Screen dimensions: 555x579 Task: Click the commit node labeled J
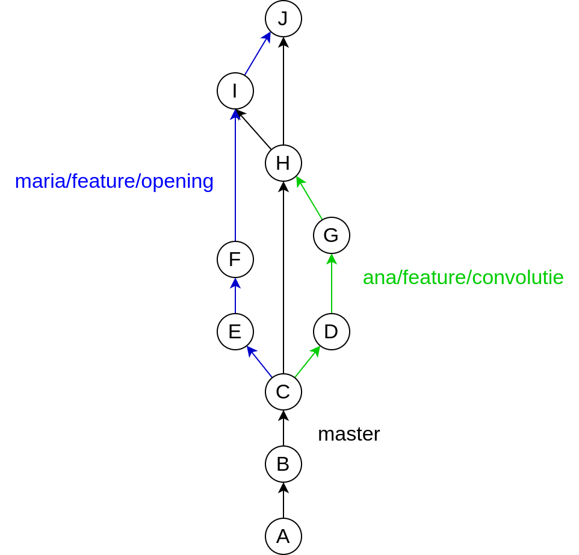click(x=283, y=19)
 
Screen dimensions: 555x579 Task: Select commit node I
click(x=235, y=91)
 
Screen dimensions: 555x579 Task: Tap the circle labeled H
click(x=283, y=163)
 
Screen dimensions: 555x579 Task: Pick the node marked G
click(x=332, y=235)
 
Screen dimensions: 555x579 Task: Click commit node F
click(x=235, y=259)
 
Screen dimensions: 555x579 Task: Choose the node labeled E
click(x=235, y=332)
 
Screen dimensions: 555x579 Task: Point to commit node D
click(x=332, y=332)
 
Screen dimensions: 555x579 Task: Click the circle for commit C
click(x=283, y=392)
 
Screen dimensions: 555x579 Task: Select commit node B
click(x=283, y=464)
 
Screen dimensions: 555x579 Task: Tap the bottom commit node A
click(x=283, y=536)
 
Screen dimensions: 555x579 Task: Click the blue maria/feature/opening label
click(x=114, y=181)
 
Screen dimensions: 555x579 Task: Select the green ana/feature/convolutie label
click(x=463, y=277)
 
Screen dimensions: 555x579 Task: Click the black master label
click(x=348, y=434)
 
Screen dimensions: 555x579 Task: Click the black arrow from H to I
click(x=255, y=130)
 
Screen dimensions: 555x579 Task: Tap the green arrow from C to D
click(x=307, y=362)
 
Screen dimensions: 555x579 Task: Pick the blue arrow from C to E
click(x=259, y=362)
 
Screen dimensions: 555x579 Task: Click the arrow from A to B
click(x=283, y=500)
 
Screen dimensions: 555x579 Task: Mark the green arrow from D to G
click(x=332, y=284)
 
